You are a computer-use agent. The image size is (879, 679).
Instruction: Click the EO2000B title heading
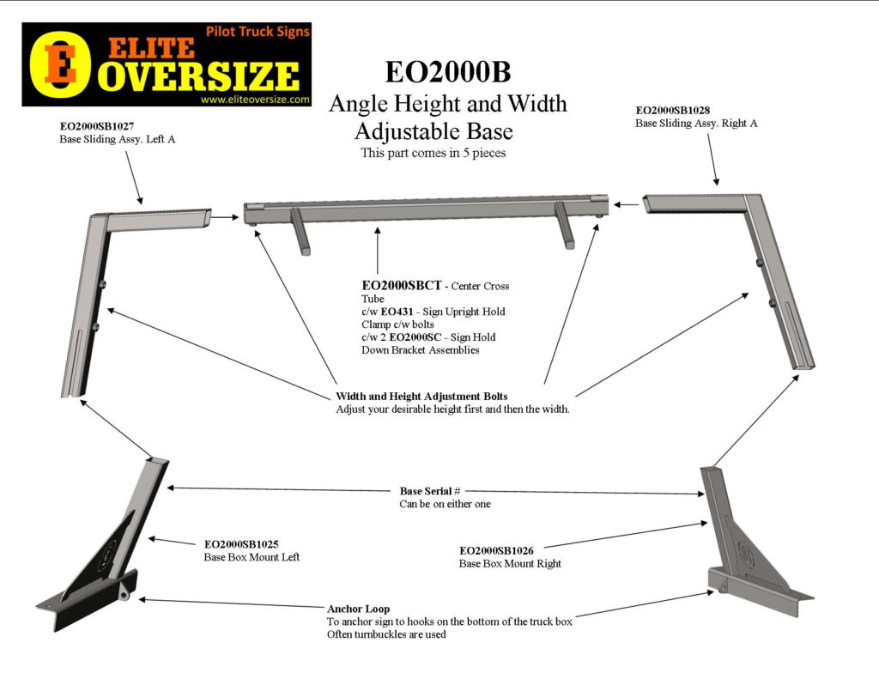tap(447, 71)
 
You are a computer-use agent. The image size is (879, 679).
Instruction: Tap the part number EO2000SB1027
tap(97, 125)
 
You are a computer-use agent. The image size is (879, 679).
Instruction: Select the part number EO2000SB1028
tap(673, 110)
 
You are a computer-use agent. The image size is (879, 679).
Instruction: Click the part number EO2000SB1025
tap(241, 543)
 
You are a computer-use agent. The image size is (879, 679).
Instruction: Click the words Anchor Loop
tap(357, 609)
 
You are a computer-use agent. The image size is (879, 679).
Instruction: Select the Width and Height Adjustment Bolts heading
tap(421, 397)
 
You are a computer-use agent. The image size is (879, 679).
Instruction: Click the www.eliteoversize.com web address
tap(255, 100)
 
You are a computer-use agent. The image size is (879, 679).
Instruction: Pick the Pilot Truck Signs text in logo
tap(258, 32)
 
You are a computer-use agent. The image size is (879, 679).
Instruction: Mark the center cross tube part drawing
tap(427, 211)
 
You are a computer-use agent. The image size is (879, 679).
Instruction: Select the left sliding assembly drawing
tap(94, 283)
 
